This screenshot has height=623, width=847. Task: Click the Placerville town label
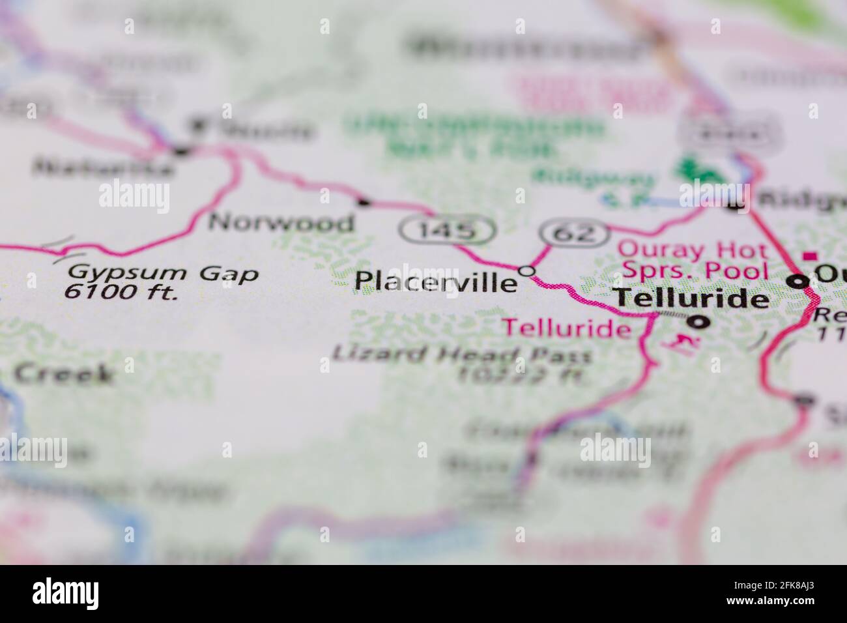(x=435, y=282)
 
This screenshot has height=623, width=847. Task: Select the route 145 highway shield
(x=447, y=229)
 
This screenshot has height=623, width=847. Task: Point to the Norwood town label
(x=281, y=223)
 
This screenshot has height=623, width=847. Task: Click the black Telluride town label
(x=692, y=298)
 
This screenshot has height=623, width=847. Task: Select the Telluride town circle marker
(x=700, y=321)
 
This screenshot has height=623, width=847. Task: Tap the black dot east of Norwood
(x=364, y=203)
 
